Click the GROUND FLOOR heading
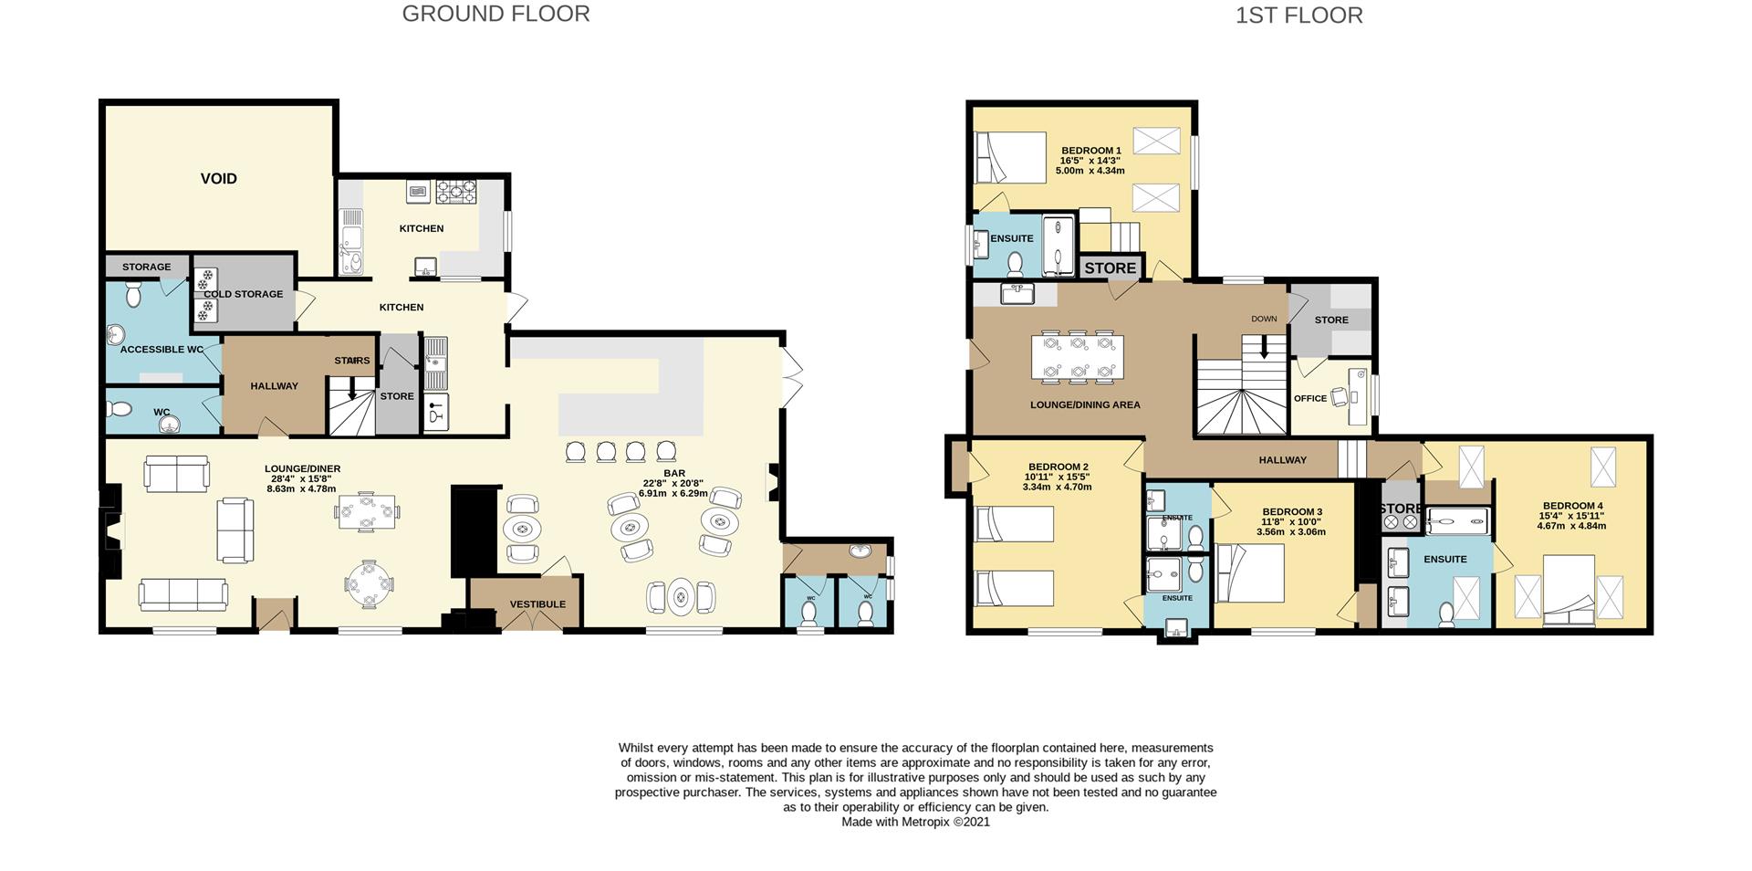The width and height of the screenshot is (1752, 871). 495,14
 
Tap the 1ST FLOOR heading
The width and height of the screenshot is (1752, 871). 1298,16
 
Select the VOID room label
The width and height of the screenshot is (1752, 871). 218,179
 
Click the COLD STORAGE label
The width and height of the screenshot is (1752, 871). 244,294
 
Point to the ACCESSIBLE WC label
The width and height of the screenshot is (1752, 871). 162,350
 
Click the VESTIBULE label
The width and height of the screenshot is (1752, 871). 537,604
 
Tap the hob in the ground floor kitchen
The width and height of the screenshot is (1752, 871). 455,191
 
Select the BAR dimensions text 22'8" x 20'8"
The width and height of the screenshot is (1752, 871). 674,483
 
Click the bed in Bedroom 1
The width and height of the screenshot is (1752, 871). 1009,158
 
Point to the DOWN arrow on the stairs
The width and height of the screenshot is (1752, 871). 1264,345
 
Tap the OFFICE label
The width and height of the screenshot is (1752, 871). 1309,399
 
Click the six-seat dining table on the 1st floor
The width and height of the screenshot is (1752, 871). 1078,357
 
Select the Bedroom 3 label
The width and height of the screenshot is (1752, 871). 1292,512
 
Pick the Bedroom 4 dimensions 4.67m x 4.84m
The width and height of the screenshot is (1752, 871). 1571,526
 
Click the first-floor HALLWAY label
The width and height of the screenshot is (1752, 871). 1282,460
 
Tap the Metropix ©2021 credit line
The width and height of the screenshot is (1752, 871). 915,822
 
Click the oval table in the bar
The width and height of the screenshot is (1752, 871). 681,598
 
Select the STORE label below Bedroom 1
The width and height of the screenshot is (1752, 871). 1111,268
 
